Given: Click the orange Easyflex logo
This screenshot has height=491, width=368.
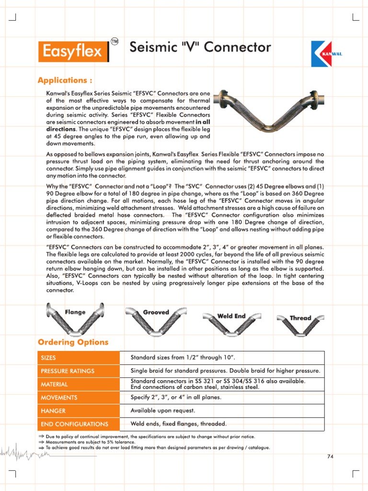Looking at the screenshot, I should [x=73, y=51].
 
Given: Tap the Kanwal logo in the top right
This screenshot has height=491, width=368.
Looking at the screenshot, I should [x=327, y=54].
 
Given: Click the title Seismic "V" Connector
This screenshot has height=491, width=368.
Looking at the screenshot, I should [x=200, y=47].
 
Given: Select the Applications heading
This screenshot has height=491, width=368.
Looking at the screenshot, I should [x=65, y=79].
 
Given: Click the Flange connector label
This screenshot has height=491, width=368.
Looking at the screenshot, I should [x=75, y=312].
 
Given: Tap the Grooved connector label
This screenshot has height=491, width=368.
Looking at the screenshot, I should [x=156, y=312].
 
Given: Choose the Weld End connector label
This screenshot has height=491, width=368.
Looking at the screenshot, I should [x=231, y=316].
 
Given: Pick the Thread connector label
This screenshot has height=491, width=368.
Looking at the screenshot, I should [x=300, y=318].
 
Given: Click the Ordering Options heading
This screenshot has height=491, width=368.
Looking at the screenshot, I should [x=73, y=342].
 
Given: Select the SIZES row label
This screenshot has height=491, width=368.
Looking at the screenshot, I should [x=48, y=358].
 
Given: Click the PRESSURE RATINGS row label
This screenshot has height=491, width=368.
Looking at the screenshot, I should [x=68, y=371].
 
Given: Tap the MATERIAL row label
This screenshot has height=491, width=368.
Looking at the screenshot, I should [x=54, y=385].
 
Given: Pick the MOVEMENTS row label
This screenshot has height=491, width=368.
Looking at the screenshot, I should [x=59, y=397].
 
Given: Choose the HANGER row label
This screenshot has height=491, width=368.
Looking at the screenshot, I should [x=53, y=411].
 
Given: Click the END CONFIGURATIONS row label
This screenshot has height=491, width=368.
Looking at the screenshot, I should [x=74, y=424].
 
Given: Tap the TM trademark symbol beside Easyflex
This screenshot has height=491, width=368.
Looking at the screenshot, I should [x=115, y=41].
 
